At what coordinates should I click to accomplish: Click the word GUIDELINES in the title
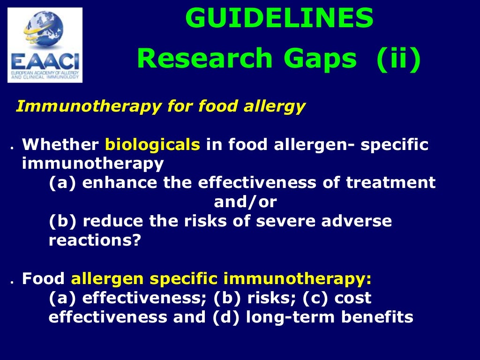(279, 19)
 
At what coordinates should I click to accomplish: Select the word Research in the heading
(205, 59)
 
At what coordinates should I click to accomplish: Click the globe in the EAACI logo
(45, 31)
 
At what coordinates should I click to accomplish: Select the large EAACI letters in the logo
(45, 62)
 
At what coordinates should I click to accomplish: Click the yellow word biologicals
(153, 145)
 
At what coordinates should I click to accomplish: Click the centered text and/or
(245, 202)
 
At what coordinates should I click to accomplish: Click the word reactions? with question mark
(95, 240)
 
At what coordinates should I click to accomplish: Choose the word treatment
(391, 183)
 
